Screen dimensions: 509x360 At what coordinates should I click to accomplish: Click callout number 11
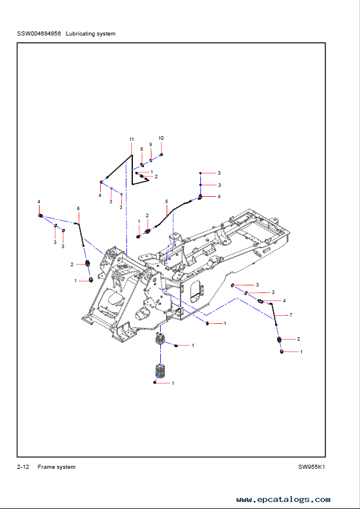pyautogui.click(x=132, y=139)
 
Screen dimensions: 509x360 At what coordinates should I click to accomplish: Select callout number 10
pyautogui.click(x=161, y=137)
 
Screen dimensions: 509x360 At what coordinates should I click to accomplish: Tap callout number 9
pyautogui.click(x=150, y=144)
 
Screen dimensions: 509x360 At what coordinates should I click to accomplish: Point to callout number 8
pyautogui.click(x=141, y=149)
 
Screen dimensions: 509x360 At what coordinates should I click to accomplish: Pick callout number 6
pyautogui.click(x=79, y=208)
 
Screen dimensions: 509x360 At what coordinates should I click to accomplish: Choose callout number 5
pyautogui.click(x=166, y=202)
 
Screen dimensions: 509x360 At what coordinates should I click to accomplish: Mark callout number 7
pyautogui.click(x=291, y=314)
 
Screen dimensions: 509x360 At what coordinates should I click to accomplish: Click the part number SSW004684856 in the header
pyautogui.click(x=40, y=34)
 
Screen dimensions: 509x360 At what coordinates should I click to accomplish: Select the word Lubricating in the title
pyautogui.click(x=82, y=34)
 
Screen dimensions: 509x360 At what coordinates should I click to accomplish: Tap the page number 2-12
pyautogui.click(x=23, y=467)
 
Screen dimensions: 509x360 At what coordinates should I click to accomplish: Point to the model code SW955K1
pyautogui.click(x=310, y=467)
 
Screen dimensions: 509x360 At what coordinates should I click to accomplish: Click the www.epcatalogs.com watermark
pyautogui.click(x=284, y=499)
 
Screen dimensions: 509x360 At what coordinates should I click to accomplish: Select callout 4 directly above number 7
pyautogui.click(x=284, y=301)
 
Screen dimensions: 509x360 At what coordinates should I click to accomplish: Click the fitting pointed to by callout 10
pyautogui.click(x=161, y=154)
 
